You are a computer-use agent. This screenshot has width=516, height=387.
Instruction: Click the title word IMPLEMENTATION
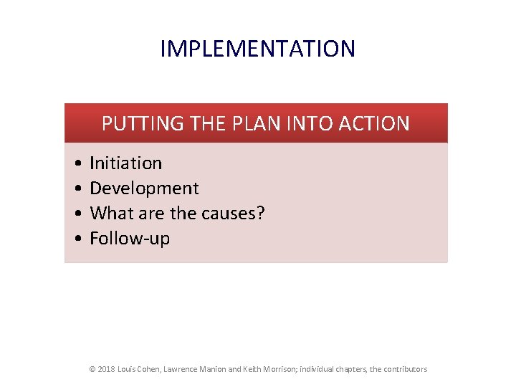click(257, 49)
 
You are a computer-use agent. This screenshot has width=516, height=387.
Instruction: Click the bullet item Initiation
click(125, 163)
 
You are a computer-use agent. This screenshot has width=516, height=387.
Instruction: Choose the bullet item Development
click(144, 188)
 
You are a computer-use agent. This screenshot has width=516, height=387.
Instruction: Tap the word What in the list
click(109, 213)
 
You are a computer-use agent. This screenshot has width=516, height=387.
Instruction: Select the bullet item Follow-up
click(130, 238)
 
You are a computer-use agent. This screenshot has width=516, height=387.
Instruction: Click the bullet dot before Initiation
click(76, 163)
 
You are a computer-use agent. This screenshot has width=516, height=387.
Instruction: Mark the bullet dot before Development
click(76, 188)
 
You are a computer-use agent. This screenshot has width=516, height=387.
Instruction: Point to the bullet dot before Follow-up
click(76, 238)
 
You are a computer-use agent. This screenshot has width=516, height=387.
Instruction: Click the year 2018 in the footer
click(106, 369)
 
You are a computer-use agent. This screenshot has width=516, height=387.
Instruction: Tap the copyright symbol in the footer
click(92, 369)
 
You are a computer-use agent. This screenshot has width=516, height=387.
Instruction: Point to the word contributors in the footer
click(405, 369)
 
